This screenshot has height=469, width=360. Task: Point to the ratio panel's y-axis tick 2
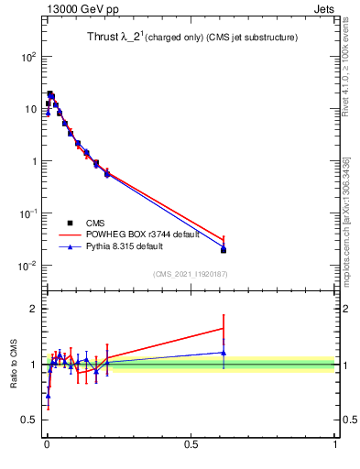[35, 309]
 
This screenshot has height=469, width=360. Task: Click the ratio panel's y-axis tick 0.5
[29, 420]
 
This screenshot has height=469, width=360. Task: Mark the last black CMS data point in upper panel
[224, 250]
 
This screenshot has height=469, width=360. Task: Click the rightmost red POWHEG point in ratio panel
[224, 328]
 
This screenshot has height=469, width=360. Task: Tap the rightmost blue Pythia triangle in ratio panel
[224, 352]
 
